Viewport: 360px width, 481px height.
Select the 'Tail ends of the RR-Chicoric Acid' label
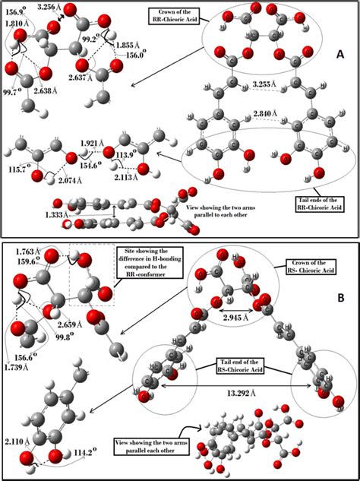pyautogui.click(x=314, y=204)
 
